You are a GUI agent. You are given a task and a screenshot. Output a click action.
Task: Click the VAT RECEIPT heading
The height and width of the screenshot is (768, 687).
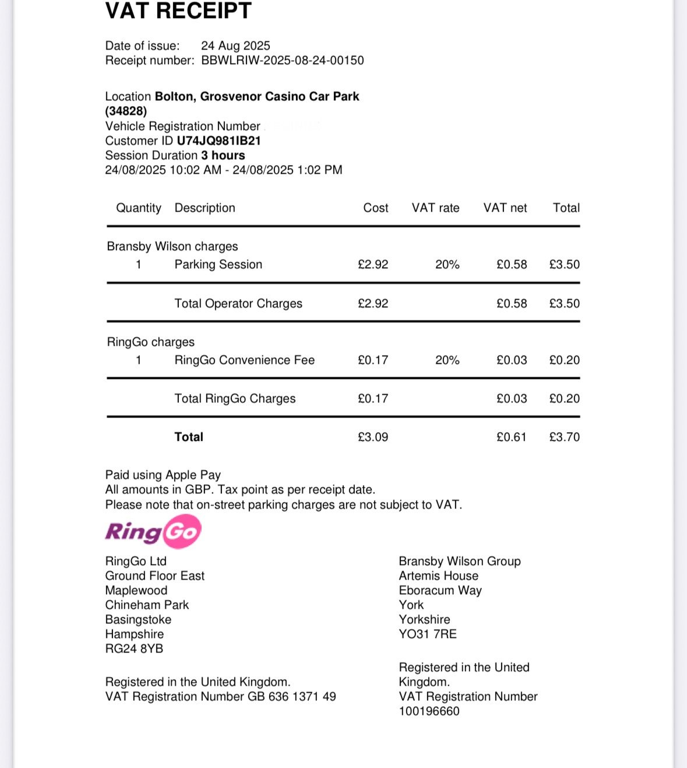[178, 10]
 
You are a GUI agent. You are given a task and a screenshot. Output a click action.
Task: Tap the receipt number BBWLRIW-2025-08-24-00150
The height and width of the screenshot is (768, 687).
[283, 61]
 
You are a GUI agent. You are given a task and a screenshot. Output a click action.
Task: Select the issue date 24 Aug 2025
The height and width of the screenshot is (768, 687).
[235, 45]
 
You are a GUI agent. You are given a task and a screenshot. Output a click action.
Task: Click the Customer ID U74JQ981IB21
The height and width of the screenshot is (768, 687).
[219, 141]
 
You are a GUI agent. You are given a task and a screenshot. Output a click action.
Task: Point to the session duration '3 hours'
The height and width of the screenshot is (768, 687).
[223, 155]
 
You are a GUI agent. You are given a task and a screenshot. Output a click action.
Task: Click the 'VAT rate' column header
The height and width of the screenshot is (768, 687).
[435, 208]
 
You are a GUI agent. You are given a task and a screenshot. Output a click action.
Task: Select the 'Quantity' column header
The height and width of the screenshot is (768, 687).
[139, 208]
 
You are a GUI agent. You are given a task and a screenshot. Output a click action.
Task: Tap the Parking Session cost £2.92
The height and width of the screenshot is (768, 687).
[373, 265]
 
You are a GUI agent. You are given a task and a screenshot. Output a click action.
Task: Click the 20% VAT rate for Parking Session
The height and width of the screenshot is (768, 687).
[447, 265]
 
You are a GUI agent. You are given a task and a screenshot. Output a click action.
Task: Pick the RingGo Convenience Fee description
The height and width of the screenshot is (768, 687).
[244, 360]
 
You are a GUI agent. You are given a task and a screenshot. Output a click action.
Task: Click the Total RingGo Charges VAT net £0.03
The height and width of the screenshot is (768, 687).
[511, 399]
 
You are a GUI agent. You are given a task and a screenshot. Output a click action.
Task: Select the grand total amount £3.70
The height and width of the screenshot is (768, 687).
[564, 437]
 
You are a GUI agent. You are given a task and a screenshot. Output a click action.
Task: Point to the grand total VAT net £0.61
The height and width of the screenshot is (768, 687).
[511, 437]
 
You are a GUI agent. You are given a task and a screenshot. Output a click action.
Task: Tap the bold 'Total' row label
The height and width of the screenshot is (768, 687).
[189, 437]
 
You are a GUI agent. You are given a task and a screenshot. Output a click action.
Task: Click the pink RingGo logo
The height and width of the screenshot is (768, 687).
[153, 531]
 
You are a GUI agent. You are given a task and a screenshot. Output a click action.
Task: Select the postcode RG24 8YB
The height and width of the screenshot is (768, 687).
[134, 648]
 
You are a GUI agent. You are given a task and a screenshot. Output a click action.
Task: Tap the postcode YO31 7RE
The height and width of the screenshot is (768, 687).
[428, 634]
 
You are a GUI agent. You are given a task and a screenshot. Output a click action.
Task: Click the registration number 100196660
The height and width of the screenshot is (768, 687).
[429, 711]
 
